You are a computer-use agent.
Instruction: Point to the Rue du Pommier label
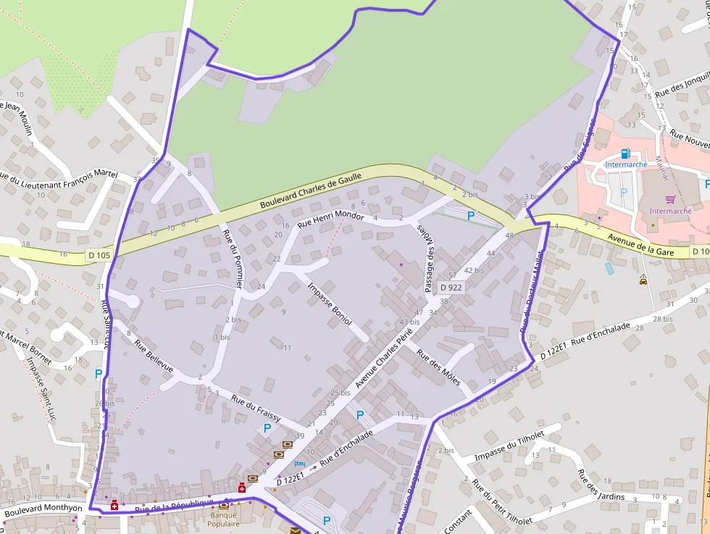click(233, 259)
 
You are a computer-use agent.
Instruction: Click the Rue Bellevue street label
click(154, 356)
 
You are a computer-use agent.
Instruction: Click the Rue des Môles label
click(438, 369)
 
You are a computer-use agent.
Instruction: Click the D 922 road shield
click(451, 288)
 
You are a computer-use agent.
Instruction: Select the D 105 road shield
click(99, 255)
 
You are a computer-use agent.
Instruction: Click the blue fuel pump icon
click(625, 154)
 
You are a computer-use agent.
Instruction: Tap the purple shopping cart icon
click(670, 199)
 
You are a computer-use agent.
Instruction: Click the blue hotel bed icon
click(300, 463)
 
